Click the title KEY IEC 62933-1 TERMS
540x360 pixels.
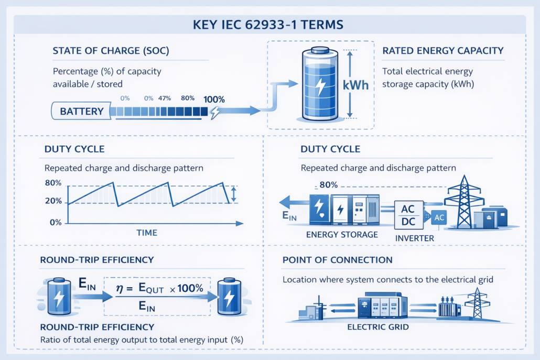click(269, 24)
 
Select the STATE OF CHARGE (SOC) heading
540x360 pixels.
click(111, 51)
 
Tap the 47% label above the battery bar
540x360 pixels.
click(165, 98)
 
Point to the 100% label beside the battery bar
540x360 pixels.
click(214, 99)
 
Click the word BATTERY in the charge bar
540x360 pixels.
click(81, 111)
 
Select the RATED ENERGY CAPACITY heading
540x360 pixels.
click(443, 51)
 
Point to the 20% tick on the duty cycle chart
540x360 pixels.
click(54, 202)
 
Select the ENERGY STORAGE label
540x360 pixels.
click(342, 234)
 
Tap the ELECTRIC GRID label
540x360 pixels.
click(377, 328)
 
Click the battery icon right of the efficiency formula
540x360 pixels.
click(229, 296)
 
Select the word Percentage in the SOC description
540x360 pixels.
click(76, 71)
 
